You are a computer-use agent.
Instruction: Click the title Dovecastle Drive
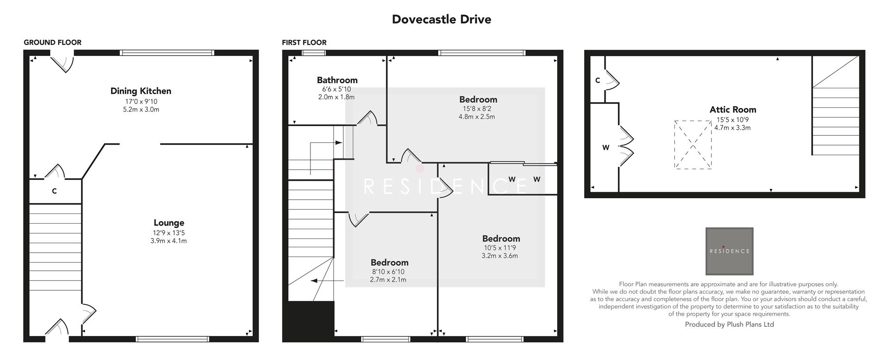pyautogui.click(x=441, y=19)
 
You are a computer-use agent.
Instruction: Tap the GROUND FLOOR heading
pyautogui.click(x=52, y=43)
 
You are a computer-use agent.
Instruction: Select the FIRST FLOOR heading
pyautogui.click(x=304, y=43)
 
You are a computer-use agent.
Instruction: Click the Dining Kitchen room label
pyautogui.click(x=140, y=91)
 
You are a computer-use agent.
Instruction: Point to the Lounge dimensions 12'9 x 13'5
pyautogui.click(x=169, y=233)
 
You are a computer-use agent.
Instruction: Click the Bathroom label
pyautogui.click(x=337, y=80)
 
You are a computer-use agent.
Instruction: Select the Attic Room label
pyautogui.click(x=733, y=110)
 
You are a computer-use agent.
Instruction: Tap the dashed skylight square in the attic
pyautogui.click(x=693, y=145)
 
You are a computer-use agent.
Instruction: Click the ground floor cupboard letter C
pyautogui.click(x=54, y=191)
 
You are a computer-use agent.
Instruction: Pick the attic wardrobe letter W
pyautogui.click(x=605, y=148)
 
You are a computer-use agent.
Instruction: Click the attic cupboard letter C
pyautogui.click(x=597, y=80)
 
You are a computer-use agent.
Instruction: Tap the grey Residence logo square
pyautogui.click(x=729, y=251)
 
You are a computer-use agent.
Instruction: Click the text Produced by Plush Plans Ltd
pyautogui.click(x=729, y=324)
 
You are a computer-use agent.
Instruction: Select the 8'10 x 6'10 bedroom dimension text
pyautogui.click(x=388, y=272)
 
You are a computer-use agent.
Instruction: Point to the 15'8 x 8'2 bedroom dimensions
pyautogui.click(x=477, y=109)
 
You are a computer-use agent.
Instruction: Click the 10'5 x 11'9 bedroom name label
pyautogui.click(x=501, y=238)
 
